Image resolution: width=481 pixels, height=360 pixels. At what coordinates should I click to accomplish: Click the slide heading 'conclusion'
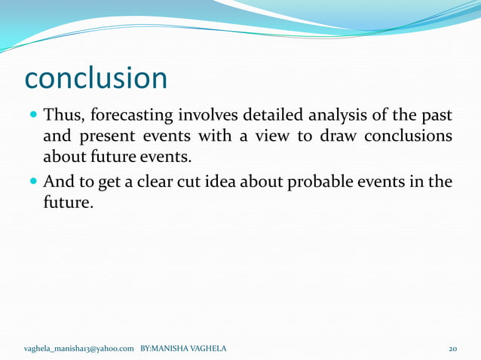95,78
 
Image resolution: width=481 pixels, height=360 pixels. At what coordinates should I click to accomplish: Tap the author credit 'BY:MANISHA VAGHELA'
183,349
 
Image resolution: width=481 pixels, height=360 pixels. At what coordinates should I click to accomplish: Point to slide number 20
452,349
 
